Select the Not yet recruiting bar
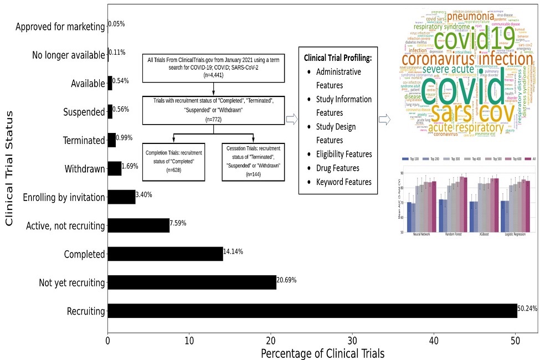[x=192, y=282]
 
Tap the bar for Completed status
[x=165, y=254]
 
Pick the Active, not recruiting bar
[x=138, y=225]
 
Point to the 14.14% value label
[x=234, y=251]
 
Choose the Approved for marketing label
[x=60, y=27]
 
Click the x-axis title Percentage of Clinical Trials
[x=322, y=353]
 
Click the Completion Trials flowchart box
[x=174, y=161]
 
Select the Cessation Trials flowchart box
[x=253, y=161]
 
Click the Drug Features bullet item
[x=337, y=168]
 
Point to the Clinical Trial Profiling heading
[x=338, y=58]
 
